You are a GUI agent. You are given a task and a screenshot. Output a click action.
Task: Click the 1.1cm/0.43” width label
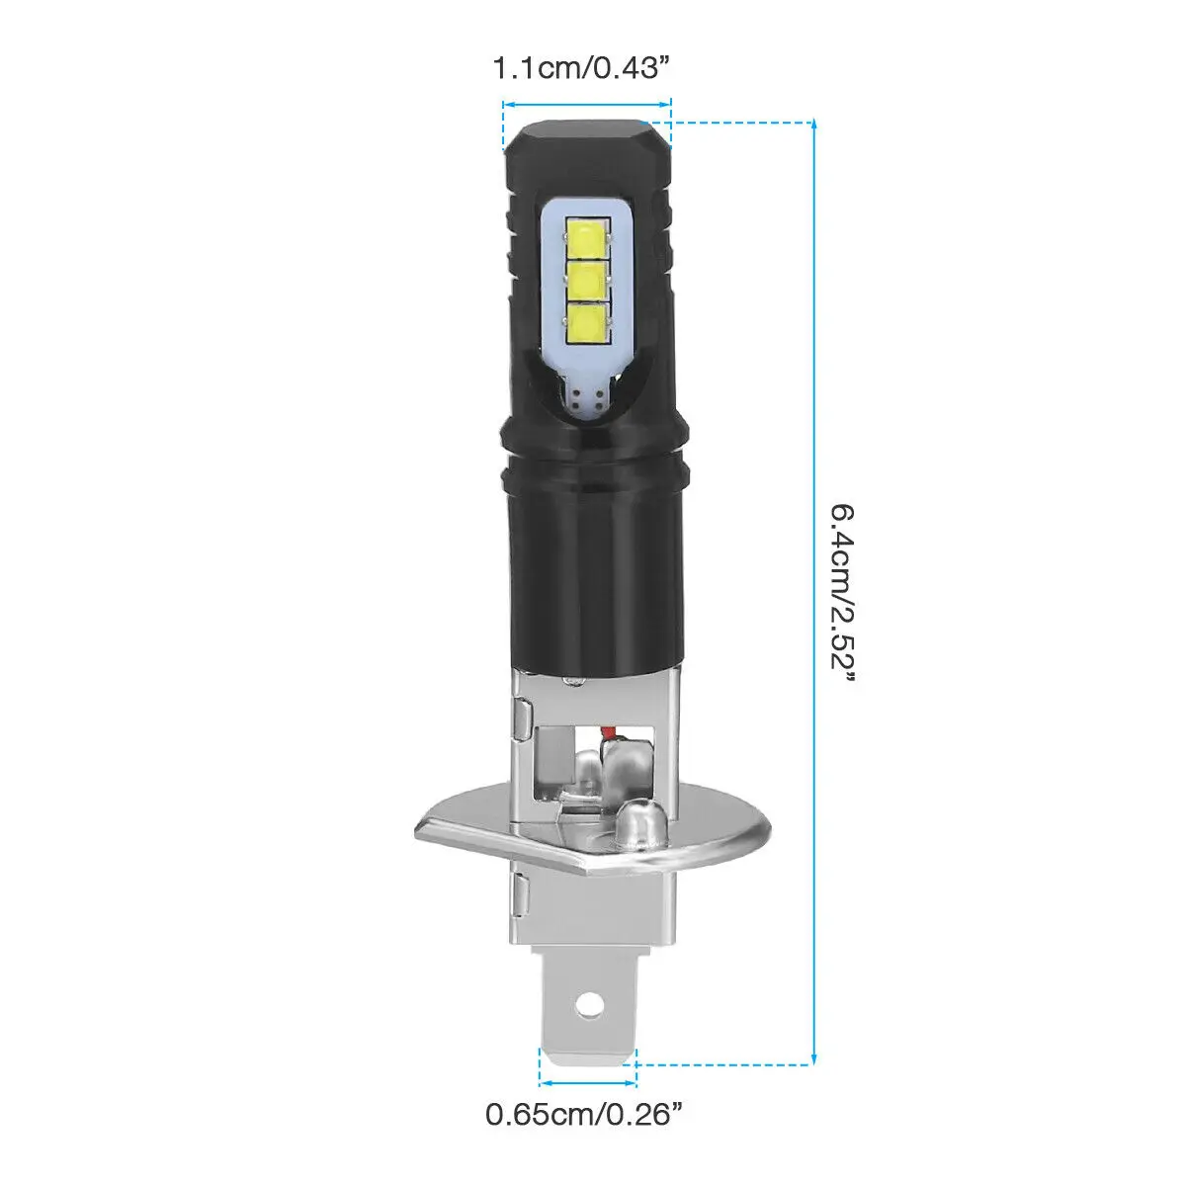point(585,69)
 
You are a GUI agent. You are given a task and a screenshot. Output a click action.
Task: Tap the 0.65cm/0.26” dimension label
point(585,1116)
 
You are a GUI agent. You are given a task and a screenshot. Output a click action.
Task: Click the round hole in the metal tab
point(589,1003)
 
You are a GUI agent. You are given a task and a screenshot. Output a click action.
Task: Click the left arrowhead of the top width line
point(506,102)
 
